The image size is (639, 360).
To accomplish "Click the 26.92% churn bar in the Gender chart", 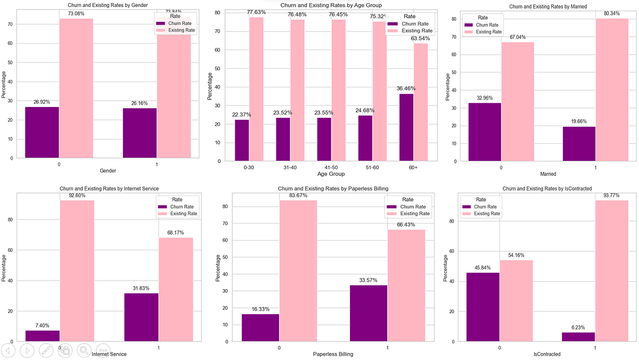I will point(42,132).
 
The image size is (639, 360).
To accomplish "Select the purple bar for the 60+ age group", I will point(406,127).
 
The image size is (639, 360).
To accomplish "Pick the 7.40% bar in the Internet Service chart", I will point(43,336).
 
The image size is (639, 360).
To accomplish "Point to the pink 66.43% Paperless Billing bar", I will point(406,285).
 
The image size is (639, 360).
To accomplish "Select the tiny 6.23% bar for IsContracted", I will point(578,337).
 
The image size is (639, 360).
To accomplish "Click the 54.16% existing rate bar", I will point(516,300).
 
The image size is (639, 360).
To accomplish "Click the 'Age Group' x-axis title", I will point(331,174).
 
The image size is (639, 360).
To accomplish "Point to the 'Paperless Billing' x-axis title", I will point(333,354).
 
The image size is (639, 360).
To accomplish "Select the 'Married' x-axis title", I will point(548,174).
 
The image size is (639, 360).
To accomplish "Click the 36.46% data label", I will point(406,88).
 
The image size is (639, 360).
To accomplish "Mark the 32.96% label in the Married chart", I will point(485,98).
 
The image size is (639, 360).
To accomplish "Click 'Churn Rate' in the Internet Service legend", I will point(182,207).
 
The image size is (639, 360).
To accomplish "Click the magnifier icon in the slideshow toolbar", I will point(84,350).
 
